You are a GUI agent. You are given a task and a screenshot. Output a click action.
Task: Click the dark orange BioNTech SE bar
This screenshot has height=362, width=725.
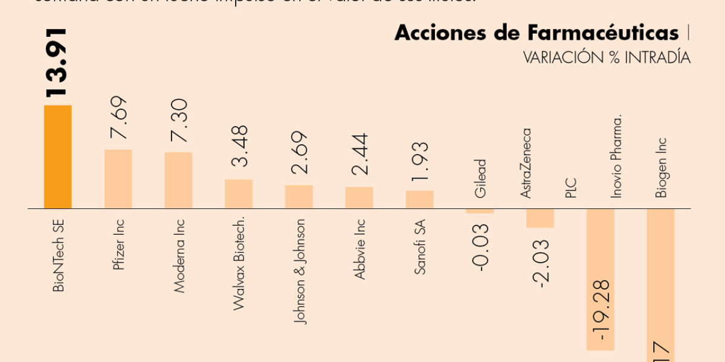coord(57,157)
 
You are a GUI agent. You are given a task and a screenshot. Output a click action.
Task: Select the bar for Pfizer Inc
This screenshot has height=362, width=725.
coord(118,179)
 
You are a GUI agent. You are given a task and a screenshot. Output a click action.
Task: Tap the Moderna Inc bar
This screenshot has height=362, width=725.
coord(178,180)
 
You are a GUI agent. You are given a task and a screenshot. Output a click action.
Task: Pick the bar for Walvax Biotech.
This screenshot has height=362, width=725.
coord(239,194)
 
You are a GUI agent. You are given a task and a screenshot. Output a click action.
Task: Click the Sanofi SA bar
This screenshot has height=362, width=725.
coord(419,200)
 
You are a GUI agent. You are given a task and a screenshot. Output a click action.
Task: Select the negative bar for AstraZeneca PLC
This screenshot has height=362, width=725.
coord(540,218)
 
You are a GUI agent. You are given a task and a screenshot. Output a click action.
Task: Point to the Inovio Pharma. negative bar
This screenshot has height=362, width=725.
coord(600,279)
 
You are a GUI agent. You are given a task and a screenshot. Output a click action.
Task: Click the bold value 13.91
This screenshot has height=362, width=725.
coord(57,62)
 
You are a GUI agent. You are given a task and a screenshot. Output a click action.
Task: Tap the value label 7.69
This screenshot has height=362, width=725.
coord(118,118)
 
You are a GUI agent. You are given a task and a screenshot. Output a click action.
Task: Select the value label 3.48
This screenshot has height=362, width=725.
coord(239,147)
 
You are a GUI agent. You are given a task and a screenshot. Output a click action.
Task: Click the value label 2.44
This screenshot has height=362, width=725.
coord(359,154)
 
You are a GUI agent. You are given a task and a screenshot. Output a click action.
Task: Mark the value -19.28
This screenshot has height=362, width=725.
coord(601,309)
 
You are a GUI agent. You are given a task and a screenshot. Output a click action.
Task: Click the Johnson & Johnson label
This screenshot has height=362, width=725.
coord(300,271)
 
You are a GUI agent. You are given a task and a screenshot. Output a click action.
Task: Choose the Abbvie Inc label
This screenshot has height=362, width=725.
coord(360,249)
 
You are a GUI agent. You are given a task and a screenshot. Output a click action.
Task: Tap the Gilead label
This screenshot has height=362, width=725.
coord(481,179)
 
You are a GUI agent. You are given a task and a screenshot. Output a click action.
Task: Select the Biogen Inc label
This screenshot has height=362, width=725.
coord(662,167)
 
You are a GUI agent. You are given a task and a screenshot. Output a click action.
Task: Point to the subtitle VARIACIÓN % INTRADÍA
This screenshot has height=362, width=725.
coord(606,58)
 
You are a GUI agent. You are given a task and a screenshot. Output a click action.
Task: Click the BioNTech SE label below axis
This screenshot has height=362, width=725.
coord(58,256)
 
